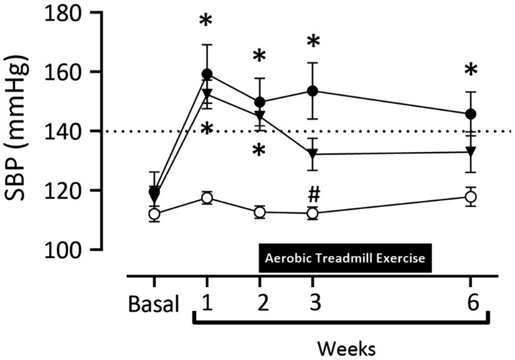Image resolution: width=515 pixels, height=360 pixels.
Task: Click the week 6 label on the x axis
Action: [x=471, y=305]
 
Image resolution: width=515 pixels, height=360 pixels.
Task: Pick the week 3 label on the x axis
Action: [x=313, y=305]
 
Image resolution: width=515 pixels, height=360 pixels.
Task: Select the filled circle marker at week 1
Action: [x=207, y=74]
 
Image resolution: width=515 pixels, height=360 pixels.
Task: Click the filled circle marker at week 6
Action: [x=471, y=114]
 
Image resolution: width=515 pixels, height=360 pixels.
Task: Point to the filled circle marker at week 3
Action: [x=313, y=91]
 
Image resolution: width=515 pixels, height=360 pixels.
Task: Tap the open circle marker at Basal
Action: [x=154, y=214]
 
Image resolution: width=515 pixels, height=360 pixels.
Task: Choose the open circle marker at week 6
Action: [x=471, y=197]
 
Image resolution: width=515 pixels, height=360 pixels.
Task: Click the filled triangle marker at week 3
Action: [x=313, y=154]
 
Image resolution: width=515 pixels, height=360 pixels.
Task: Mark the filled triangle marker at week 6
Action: [x=471, y=151]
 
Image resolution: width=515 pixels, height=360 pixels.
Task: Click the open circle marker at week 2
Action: [x=260, y=212]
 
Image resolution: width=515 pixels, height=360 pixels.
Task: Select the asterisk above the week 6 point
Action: [x=471, y=70]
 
